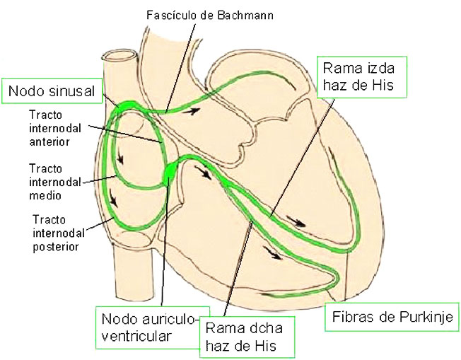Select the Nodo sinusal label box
pos(54,91)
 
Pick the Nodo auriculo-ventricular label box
pos(144,327)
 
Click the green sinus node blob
pos(128,105)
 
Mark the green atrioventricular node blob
pos(172,172)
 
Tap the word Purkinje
pos(426,316)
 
